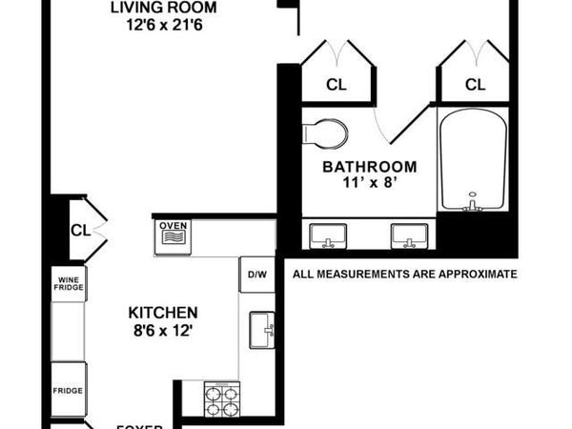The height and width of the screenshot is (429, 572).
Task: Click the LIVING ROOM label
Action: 157,9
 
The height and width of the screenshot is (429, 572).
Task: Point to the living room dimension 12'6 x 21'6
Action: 157,26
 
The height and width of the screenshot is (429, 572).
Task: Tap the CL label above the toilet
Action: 337,85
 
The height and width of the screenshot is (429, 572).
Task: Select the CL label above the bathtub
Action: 475,85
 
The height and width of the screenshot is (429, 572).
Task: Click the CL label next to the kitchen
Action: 80,230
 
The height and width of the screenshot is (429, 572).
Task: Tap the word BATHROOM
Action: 369,166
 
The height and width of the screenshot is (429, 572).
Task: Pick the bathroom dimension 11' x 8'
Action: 369,183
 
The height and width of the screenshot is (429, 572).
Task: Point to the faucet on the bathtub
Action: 471,204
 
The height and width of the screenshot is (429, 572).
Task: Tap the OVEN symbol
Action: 174,232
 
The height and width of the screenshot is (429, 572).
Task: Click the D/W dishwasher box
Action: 256,275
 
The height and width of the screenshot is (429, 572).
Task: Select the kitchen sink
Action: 261,329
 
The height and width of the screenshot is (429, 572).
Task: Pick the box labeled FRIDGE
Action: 68,389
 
